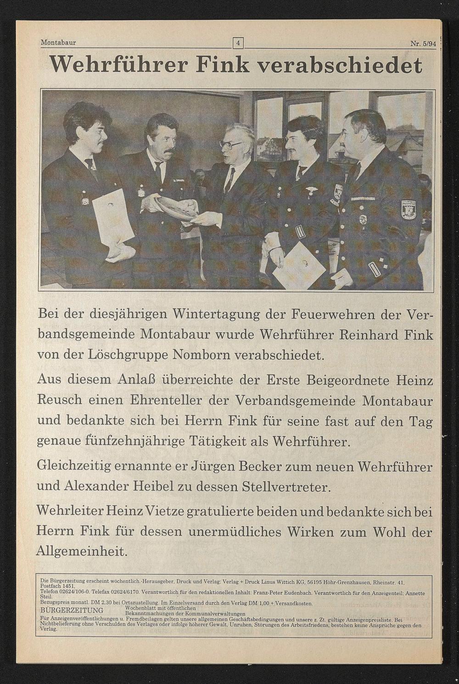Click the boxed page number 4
[238, 43]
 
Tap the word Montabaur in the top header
[58, 43]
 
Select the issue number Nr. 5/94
[423, 44]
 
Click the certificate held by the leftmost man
[112, 218]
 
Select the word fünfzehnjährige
[135, 441]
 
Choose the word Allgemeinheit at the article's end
[81, 551]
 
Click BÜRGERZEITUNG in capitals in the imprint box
[72, 611]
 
